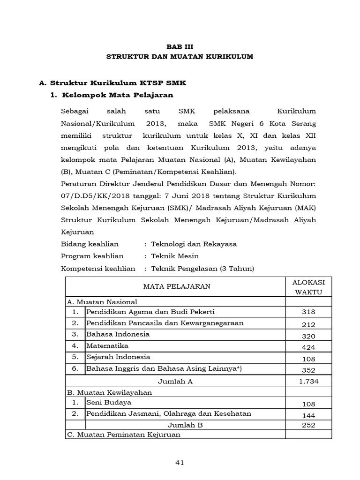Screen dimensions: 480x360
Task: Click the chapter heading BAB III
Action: point(180,46)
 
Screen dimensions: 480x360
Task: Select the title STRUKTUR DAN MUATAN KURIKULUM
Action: point(180,57)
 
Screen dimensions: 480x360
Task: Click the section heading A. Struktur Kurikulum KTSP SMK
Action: point(112,83)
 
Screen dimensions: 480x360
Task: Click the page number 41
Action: point(180,463)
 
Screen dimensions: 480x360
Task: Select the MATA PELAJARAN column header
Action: point(176,286)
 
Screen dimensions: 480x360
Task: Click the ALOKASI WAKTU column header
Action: point(308,286)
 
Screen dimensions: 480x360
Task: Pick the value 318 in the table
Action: point(308,312)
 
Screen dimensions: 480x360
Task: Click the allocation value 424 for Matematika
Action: point(308,347)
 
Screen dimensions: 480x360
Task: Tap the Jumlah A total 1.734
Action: point(308,382)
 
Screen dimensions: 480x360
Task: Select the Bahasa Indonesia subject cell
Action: point(118,334)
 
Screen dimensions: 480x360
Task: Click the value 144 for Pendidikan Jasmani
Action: point(308,415)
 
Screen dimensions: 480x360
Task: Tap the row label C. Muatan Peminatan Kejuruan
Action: point(124,435)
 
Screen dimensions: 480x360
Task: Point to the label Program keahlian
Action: point(92,256)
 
